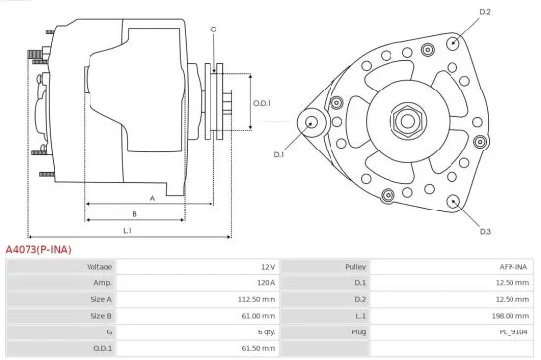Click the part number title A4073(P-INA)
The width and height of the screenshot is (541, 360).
point(38,249)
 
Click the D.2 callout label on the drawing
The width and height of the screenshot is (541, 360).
point(485,12)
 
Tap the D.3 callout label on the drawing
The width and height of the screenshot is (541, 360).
point(485,232)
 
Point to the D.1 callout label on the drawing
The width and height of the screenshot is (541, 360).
point(278,154)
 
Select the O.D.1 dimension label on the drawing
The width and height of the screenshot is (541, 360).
point(261,103)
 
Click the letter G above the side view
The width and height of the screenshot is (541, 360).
point(213,29)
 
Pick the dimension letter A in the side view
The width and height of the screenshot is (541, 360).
point(152,198)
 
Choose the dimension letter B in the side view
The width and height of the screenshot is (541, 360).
point(134,213)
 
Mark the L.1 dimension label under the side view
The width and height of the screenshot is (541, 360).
point(128,231)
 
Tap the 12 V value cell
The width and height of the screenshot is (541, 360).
point(268,267)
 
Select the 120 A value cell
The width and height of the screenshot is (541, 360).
point(266,283)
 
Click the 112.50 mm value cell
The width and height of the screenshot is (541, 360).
point(258,299)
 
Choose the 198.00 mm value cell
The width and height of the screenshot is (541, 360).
point(510,316)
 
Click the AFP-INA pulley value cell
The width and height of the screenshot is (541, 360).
point(512,267)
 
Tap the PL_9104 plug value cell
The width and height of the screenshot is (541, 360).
point(512,331)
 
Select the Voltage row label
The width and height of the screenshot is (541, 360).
point(99,267)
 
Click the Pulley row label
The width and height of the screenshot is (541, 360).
point(356,267)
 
